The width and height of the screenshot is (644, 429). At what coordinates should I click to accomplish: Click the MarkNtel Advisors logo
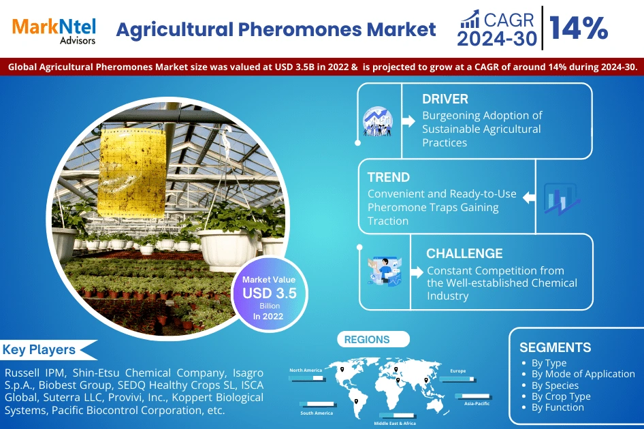click(54, 29)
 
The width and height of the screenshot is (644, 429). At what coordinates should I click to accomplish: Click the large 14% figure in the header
click(579, 29)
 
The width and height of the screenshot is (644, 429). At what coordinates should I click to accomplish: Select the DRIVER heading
click(445, 99)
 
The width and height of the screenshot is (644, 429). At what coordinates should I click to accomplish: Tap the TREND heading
click(388, 177)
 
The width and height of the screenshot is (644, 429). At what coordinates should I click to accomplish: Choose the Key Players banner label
click(39, 350)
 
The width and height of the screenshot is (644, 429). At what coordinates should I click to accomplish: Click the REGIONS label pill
click(367, 339)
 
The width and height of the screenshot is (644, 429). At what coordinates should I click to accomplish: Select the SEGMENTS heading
click(555, 347)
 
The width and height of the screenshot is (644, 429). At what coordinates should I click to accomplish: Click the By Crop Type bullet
click(561, 396)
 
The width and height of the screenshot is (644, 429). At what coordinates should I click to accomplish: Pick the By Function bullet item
click(558, 407)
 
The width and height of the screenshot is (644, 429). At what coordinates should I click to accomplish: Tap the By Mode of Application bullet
click(583, 374)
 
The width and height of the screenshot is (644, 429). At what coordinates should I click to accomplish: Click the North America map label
click(306, 370)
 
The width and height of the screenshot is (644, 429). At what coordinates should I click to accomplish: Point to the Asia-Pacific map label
click(477, 403)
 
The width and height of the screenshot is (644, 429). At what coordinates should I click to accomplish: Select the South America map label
click(317, 413)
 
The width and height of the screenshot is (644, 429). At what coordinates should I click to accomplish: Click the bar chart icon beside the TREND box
click(562, 200)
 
